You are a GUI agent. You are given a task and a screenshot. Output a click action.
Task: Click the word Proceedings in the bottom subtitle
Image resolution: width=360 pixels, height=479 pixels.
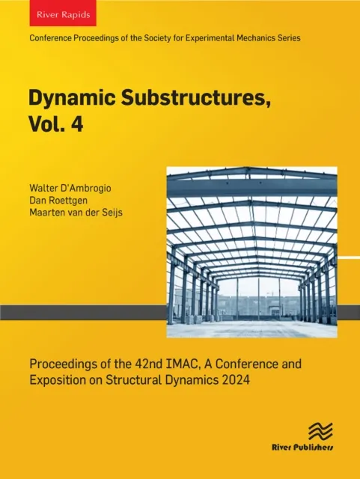(x=62, y=364)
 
